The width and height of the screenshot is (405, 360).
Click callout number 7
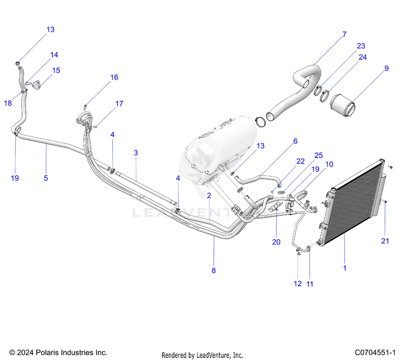pyautogui.click(x=344, y=35)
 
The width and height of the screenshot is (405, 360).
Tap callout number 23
pyautogui.click(x=361, y=46)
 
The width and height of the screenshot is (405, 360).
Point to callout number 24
pyautogui.click(x=362, y=57)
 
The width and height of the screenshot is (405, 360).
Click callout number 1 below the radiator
pyautogui.click(x=345, y=267)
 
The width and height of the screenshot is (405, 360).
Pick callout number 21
pyautogui.click(x=384, y=241)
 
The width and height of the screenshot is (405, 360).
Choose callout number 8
pyautogui.click(x=213, y=270)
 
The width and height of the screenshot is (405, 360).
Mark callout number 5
pyautogui.click(x=46, y=178)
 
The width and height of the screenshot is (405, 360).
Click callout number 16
pyautogui.click(x=114, y=77)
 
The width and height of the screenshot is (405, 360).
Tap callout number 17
pyautogui.click(x=119, y=103)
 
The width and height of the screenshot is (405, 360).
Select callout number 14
pyautogui.click(x=55, y=55)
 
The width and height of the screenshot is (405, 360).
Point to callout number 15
pyautogui.click(x=56, y=70)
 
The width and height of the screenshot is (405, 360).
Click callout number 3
pyautogui.click(x=136, y=153)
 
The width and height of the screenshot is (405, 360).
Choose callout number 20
pyautogui.click(x=276, y=242)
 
